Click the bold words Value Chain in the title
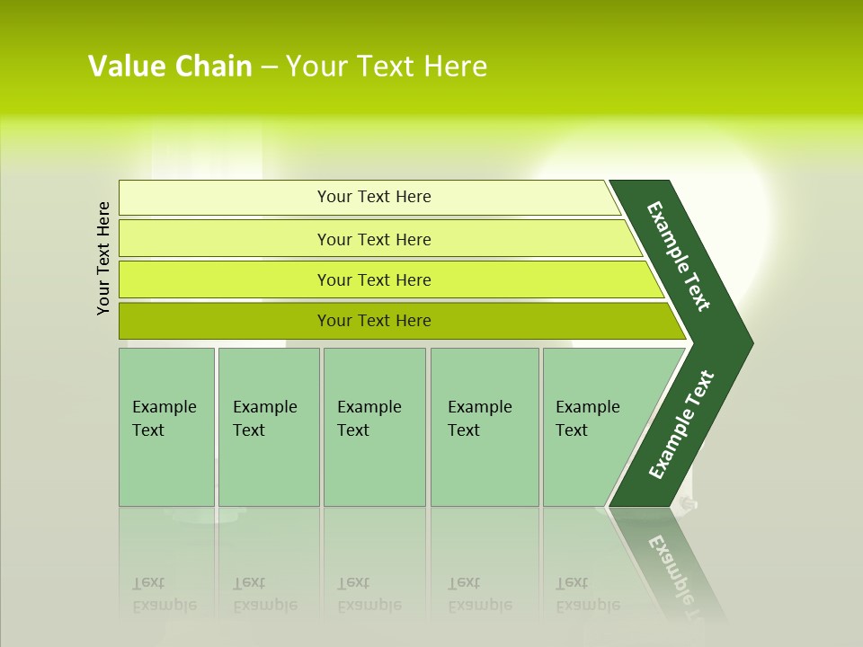[169, 66]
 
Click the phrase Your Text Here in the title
[387, 66]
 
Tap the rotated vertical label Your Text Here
[103, 258]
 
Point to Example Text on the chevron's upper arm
[679, 256]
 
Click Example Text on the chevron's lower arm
[681, 425]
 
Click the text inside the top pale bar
[374, 197]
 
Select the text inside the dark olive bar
[374, 321]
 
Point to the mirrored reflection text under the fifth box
[586, 594]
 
